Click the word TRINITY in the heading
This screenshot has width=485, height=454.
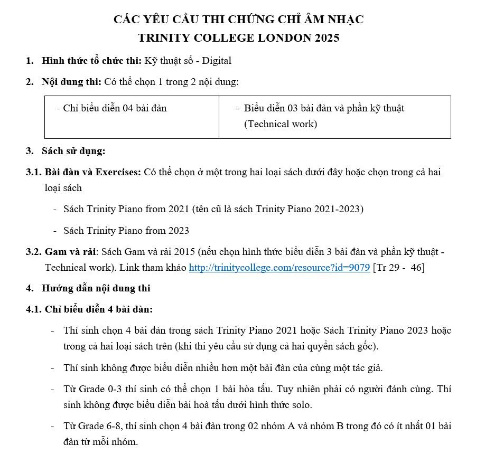[x=163, y=38]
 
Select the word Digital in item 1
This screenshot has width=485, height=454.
[x=217, y=61]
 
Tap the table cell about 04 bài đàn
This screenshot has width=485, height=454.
[x=132, y=117]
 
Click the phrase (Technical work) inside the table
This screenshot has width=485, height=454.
[x=281, y=124]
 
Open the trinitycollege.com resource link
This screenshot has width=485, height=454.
[x=279, y=268]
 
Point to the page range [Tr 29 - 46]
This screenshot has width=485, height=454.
[x=399, y=268]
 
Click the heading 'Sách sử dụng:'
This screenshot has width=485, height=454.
[x=73, y=151]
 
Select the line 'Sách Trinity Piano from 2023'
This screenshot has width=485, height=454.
[x=126, y=231]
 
